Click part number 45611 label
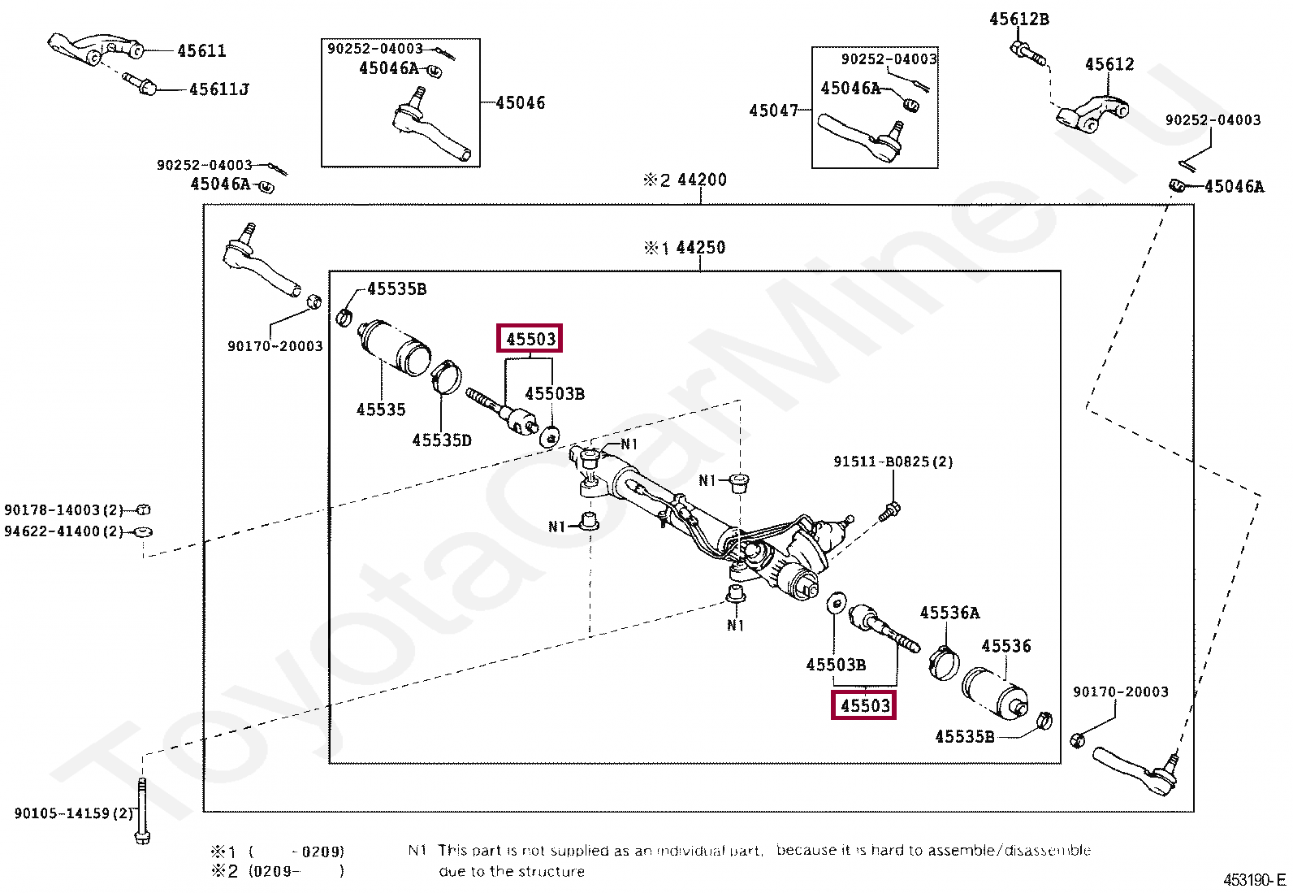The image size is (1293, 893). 201,51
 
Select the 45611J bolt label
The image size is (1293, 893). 218,89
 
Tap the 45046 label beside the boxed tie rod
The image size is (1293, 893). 520,103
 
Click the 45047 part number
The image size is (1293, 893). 773,111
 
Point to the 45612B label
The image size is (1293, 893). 1018,20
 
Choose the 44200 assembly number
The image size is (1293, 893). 701,180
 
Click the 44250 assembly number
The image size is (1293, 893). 700,247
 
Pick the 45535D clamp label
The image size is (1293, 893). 441,440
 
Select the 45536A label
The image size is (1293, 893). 949,613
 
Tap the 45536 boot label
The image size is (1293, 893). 1005,646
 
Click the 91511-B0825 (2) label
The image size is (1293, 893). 893,462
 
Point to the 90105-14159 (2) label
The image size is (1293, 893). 74,813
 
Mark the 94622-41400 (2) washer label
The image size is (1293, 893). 63,531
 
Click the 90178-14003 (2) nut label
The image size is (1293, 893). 63,510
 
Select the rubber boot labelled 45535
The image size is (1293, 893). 395,347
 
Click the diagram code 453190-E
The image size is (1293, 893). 1254,880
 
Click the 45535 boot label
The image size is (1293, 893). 381,410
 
